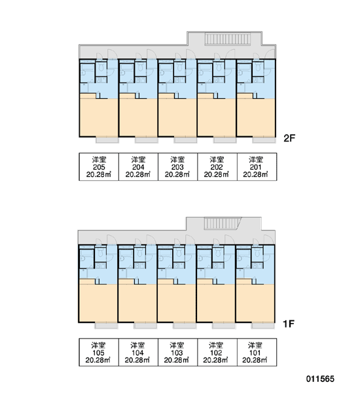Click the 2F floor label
pos(289,138)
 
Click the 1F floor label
pos(289,324)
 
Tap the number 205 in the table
pos(99,167)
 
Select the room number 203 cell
pos(177,166)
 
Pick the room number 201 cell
pos(257,166)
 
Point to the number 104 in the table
pos(137,353)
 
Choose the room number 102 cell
pos(217,352)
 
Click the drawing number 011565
pos(320,379)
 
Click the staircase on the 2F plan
pos(228,39)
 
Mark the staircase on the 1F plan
pos(222,223)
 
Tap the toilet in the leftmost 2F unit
pos(101,67)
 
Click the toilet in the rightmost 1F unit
pos(257,252)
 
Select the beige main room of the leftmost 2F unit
pos(99,117)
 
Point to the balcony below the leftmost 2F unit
pos(107,140)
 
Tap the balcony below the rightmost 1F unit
pos(263,326)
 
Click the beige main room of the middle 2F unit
pos(177,117)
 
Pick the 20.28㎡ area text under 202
pos(217,174)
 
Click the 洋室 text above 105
pos(98,345)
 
